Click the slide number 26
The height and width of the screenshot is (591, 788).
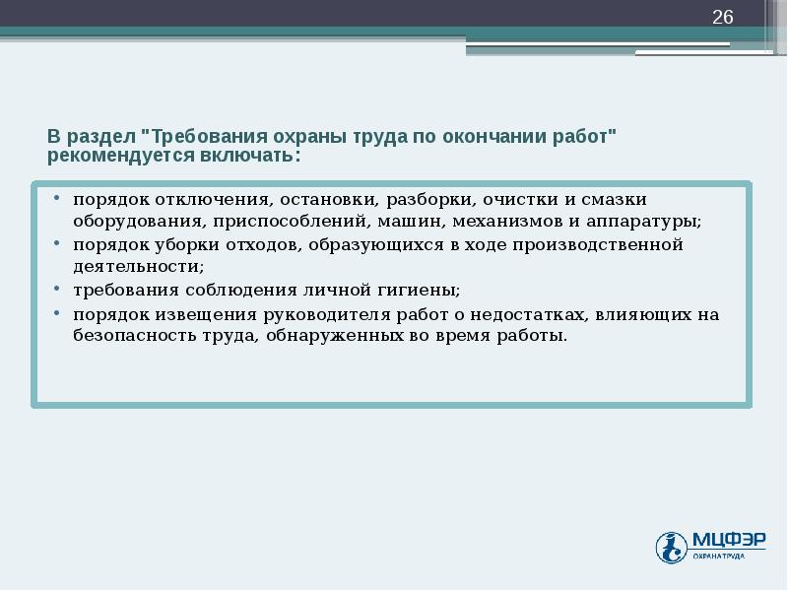723,17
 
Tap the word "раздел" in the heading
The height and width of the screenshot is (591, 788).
103,136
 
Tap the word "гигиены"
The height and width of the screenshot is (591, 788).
416,291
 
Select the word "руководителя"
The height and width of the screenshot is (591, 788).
321,315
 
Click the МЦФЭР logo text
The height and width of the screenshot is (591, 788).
727,539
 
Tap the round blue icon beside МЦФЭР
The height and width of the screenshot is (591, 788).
672,547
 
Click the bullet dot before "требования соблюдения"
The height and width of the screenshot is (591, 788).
59,291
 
